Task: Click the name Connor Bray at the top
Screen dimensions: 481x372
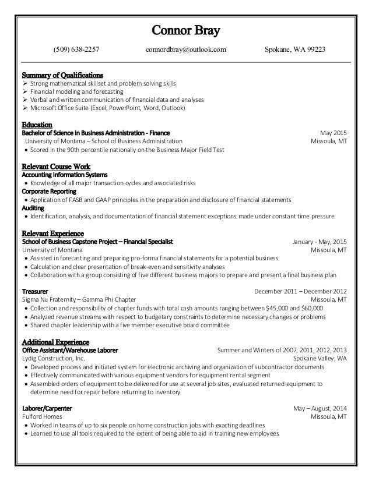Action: tap(186, 29)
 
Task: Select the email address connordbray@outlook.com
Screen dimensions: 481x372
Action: tap(185, 51)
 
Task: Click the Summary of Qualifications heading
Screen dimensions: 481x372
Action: tap(62, 75)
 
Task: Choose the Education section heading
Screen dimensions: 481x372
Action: tap(37, 125)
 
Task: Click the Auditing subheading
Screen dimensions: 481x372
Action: tap(32, 207)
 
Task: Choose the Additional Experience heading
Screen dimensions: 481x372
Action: tap(55, 341)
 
